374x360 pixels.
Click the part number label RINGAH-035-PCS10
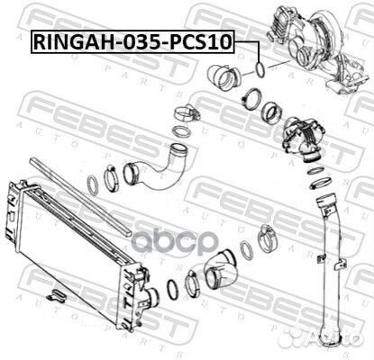(132, 42)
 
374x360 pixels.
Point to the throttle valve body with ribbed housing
(304, 139)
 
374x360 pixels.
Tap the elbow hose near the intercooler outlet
(221, 268)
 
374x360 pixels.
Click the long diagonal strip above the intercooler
(80, 196)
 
